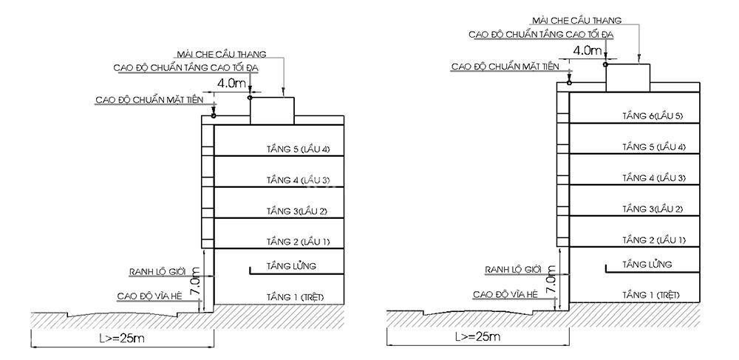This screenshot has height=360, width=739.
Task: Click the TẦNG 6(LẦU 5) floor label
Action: coord(653,116)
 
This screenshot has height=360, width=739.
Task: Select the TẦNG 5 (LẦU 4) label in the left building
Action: coord(298,149)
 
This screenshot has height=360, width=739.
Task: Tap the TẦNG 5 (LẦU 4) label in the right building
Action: coord(654,147)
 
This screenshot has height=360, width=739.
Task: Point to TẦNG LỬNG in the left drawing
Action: coord(290,266)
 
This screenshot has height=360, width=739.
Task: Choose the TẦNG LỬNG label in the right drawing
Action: coord(647,264)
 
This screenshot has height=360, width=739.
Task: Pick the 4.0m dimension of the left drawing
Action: coord(232,84)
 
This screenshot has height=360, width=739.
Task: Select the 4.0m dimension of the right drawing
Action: coord(588,50)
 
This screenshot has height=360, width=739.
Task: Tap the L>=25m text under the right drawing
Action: coord(477,336)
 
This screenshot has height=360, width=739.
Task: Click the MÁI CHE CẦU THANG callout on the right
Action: coord(577,20)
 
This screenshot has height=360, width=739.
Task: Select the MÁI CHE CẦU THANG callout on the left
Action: coord(222,54)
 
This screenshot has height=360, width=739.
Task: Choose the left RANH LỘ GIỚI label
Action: coord(157,271)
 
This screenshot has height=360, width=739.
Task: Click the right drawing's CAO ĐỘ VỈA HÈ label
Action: coord(505,294)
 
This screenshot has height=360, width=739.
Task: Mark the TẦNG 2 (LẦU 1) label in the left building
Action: coord(298,242)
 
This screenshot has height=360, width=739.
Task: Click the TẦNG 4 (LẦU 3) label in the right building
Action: coord(654,177)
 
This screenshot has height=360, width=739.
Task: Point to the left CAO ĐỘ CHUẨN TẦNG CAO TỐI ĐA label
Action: coord(186,68)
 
